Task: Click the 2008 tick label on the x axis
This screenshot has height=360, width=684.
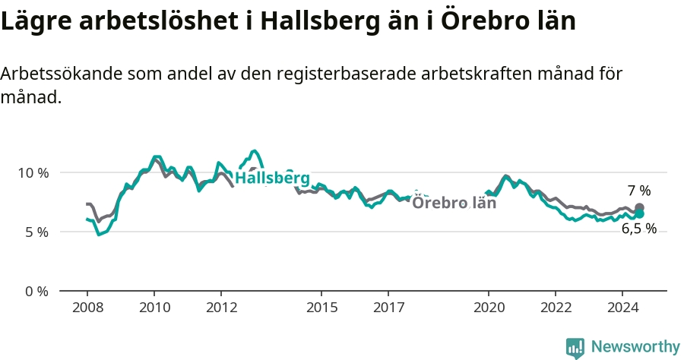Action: (x=87, y=308)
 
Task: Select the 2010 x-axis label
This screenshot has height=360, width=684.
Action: (x=155, y=308)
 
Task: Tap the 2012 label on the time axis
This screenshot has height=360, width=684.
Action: (x=222, y=308)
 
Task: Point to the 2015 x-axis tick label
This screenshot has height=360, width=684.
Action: (x=322, y=308)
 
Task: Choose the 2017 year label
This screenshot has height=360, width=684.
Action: (x=388, y=308)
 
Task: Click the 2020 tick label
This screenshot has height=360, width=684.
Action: (x=489, y=308)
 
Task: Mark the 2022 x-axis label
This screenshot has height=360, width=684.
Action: (x=556, y=308)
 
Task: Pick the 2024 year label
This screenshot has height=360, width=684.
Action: (x=623, y=308)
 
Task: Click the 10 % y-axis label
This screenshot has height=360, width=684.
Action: (x=33, y=173)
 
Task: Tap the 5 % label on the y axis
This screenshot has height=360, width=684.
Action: (x=36, y=232)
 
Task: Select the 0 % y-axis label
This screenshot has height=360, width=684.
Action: (x=36, y=292)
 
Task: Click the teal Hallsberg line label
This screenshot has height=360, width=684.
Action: (x=273, y=178)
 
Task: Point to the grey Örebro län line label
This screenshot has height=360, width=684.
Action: (x=454, y=203)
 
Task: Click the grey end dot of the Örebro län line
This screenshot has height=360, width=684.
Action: (x=639, y=207)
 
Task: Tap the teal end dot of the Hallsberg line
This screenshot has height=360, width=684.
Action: (x=639, y=213)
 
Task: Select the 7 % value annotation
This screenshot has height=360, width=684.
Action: (x=639, y=191)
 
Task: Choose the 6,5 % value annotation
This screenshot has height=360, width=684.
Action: (x=639, y=229)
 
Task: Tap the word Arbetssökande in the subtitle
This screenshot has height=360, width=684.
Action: (x=62, y=74)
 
